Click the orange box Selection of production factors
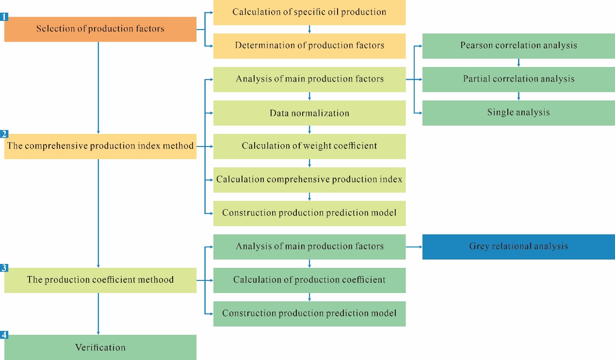point(100,29)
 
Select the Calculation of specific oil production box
point(309,12)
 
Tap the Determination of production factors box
point(309,46)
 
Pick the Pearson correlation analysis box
point(518,46)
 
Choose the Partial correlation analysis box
point(518,79)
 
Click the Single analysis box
point(518,113)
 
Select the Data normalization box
point(309,113)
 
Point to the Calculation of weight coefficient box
point(309,146)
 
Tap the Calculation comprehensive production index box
point(309,180)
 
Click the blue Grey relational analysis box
point(518,246)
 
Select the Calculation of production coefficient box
point(309,280)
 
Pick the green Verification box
point(100,347)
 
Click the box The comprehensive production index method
point(100,146)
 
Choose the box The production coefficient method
point(100,280)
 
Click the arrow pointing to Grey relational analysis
point(414,246)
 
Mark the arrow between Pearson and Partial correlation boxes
point(518,62)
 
